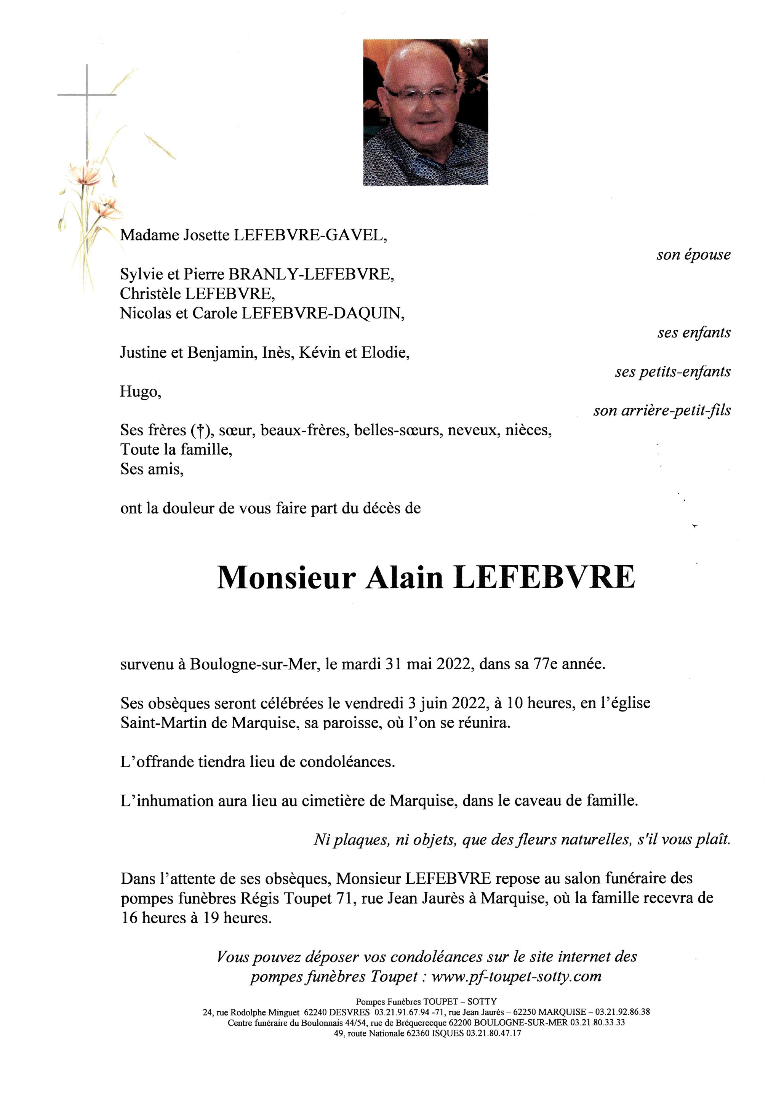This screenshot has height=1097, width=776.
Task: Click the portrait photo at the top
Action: coord(425,112)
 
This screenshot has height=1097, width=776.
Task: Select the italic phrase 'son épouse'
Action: coord(693,255)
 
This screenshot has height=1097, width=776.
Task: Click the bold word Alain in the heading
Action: coord(404,578)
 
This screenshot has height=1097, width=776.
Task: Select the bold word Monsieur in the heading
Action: coord(286,578)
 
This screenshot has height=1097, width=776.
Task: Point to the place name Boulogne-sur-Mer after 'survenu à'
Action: coord(254,665)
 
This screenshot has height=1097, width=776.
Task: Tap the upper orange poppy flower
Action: coord(85,174)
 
